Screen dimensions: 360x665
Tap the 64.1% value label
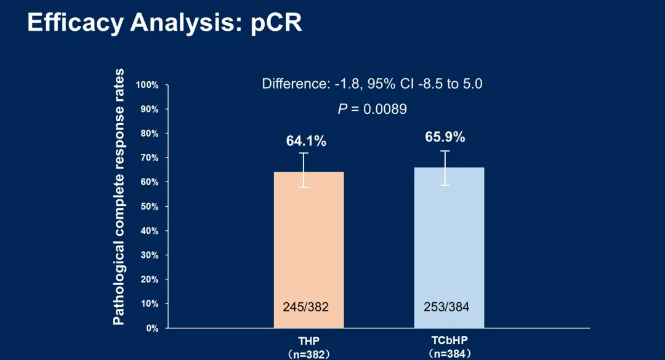(x=306, y=141)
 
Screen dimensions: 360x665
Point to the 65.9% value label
(x=445, y=137)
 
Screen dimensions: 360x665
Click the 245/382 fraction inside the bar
(x=305, y=306)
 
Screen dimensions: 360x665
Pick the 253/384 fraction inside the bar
(x=446, y=306)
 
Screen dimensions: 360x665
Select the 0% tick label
(x=151, y=328)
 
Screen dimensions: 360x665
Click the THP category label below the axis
(x=309, y=341)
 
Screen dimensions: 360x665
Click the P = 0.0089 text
(x=372, y=109)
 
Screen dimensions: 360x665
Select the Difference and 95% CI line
(x=372, y=84)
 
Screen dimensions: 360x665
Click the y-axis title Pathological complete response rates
(x=119, y=197)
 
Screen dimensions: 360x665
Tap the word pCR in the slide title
(x=276, y=23)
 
